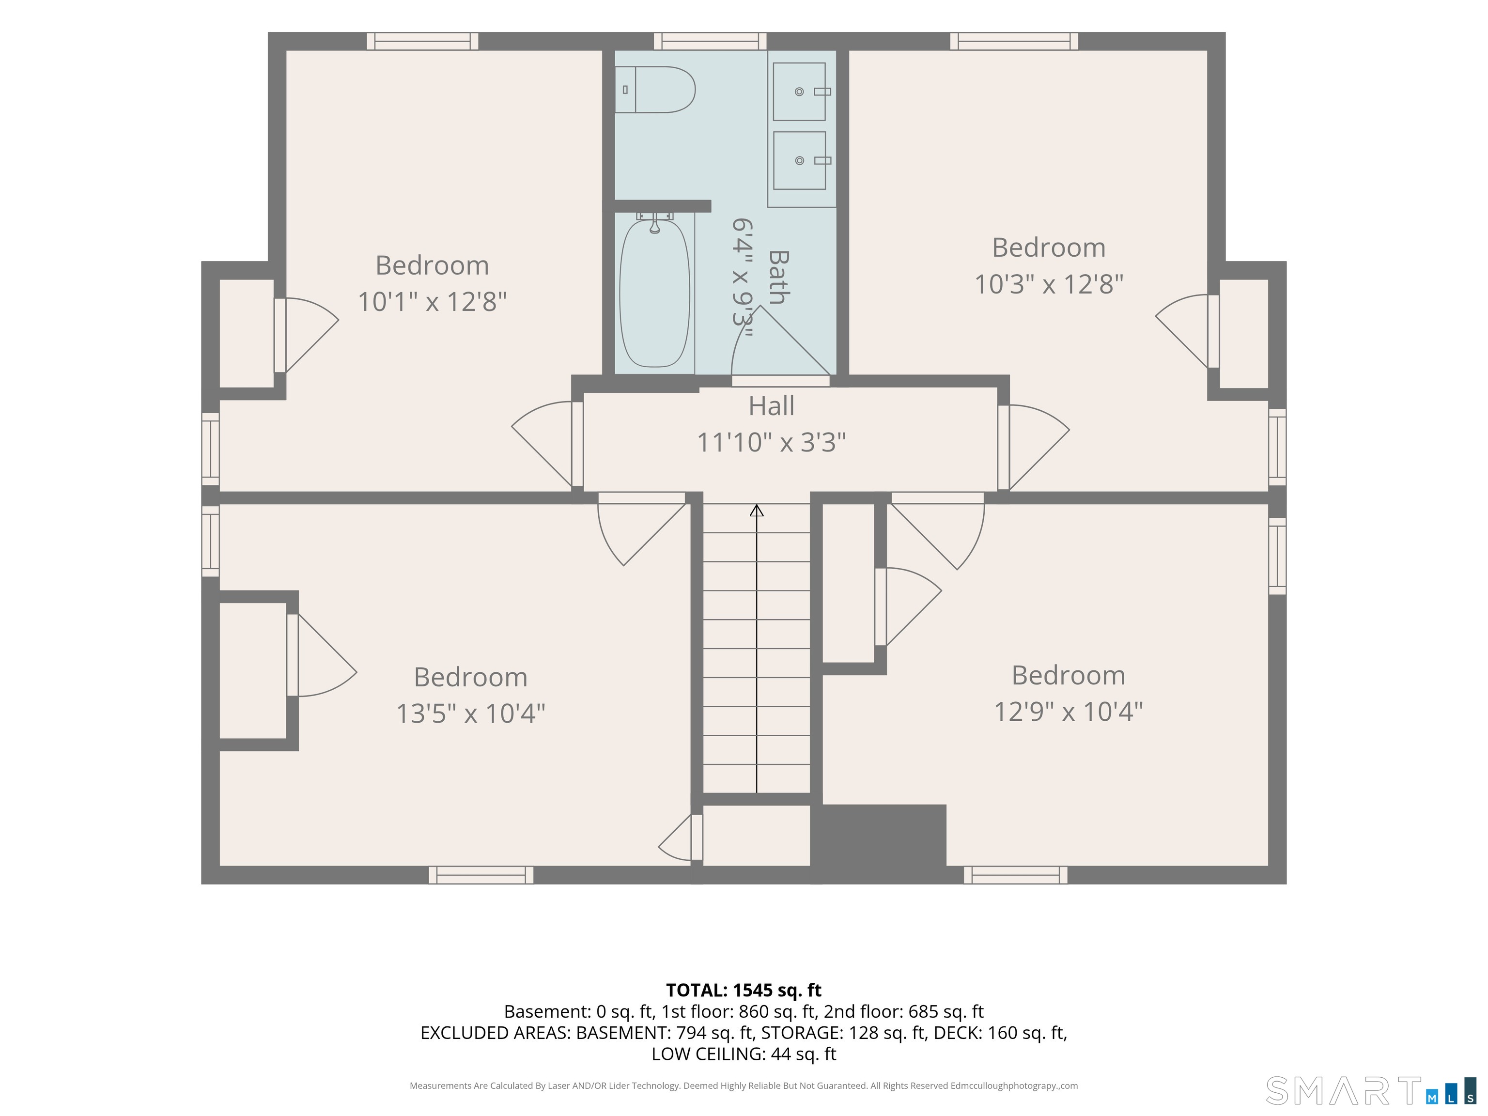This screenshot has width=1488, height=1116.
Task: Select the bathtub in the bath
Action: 654,294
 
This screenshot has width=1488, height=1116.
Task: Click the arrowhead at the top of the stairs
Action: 757,511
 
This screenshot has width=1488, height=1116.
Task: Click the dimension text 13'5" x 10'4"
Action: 470,713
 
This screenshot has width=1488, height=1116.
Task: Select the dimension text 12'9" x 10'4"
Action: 1068,711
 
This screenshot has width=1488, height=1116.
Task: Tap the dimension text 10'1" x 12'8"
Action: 432,301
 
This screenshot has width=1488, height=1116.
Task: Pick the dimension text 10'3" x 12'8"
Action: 1049,284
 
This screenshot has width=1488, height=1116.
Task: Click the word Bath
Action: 778,277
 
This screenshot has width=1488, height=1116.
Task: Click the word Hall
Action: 772,406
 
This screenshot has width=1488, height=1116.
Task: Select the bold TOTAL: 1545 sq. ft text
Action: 744,990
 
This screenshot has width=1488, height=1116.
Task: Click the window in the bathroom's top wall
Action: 711,41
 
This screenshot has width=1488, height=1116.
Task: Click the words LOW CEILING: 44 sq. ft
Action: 744,1054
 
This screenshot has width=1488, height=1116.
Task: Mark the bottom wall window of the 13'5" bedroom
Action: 481,874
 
